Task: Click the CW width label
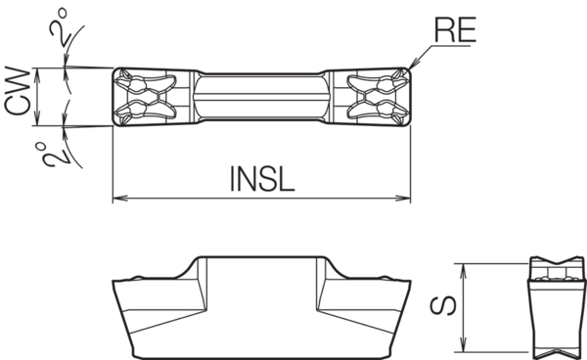tap(17, 97)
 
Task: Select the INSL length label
tap(261, 178)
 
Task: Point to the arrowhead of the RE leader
tap(412, 68)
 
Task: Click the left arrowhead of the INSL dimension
tap(117, 199)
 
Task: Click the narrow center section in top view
tap(261, 97)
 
